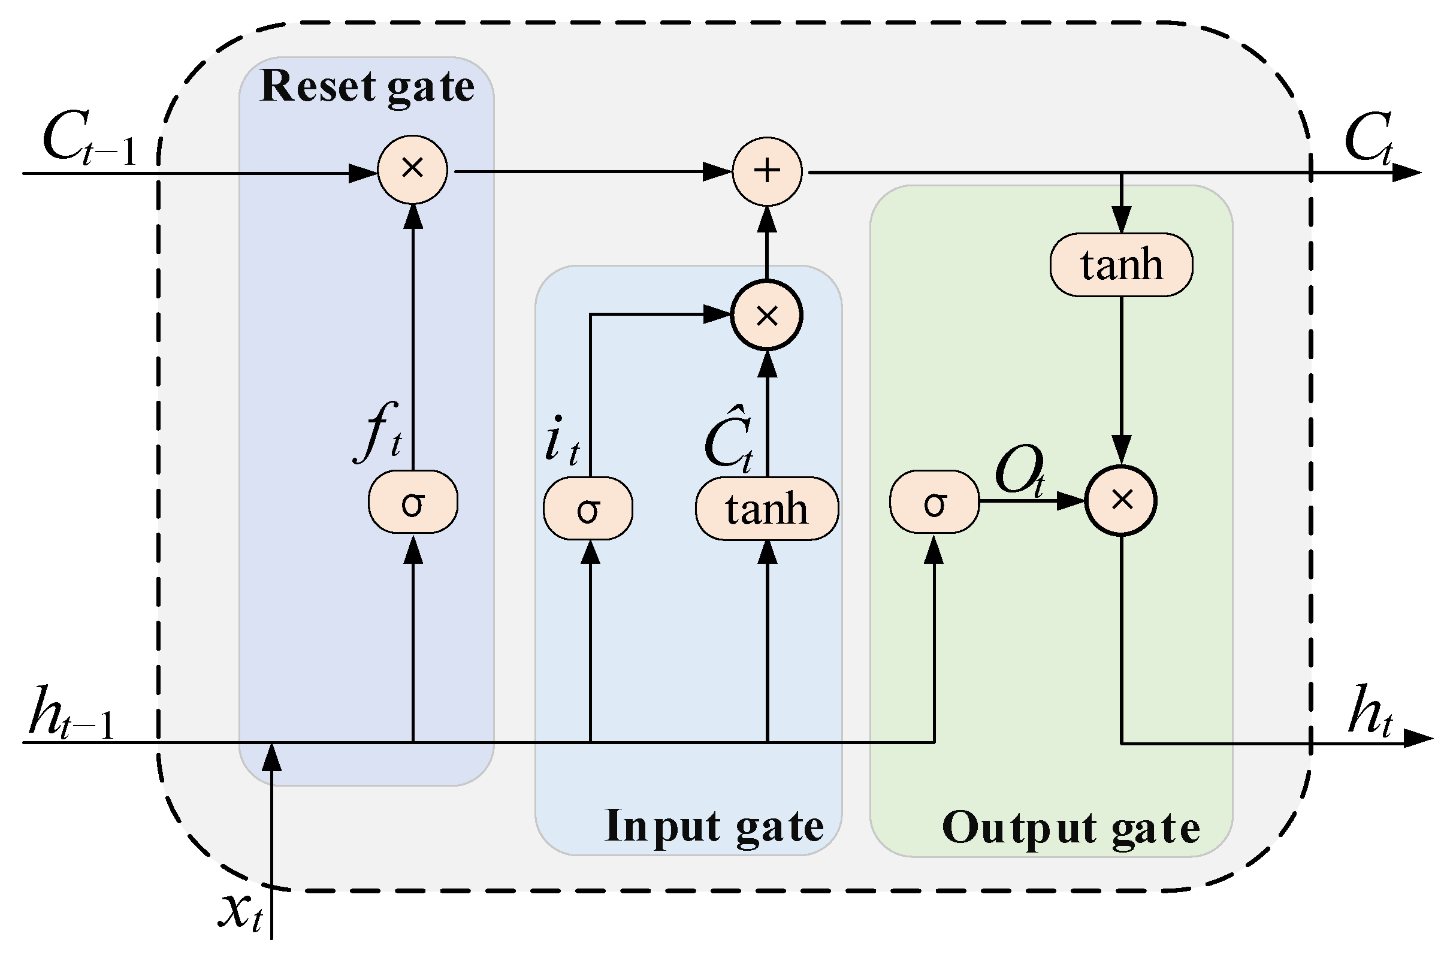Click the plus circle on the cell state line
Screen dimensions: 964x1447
pos(766,171)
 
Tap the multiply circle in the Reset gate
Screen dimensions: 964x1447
pos(412,169)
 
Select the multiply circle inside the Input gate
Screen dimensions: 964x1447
pos(766,315)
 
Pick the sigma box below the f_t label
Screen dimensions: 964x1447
pos(412,501)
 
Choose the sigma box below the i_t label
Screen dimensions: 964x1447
pos(588,509)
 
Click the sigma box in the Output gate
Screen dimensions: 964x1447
pos(934,501)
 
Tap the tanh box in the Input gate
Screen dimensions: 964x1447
pos(766,509)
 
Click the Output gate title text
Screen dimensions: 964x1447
pos(1070,827)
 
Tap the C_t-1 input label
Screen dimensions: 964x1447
pos(89,140)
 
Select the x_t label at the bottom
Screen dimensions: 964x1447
pos(241,911)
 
